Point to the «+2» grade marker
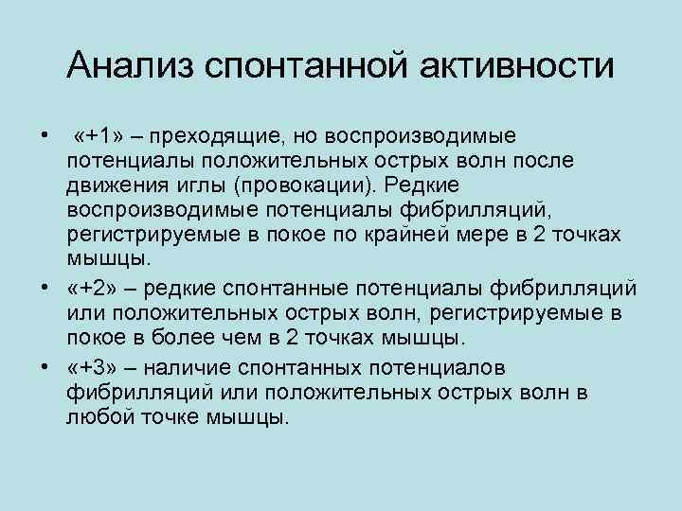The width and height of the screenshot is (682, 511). (x=88, y=288)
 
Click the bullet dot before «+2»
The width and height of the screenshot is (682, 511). (x=45, y=286)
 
